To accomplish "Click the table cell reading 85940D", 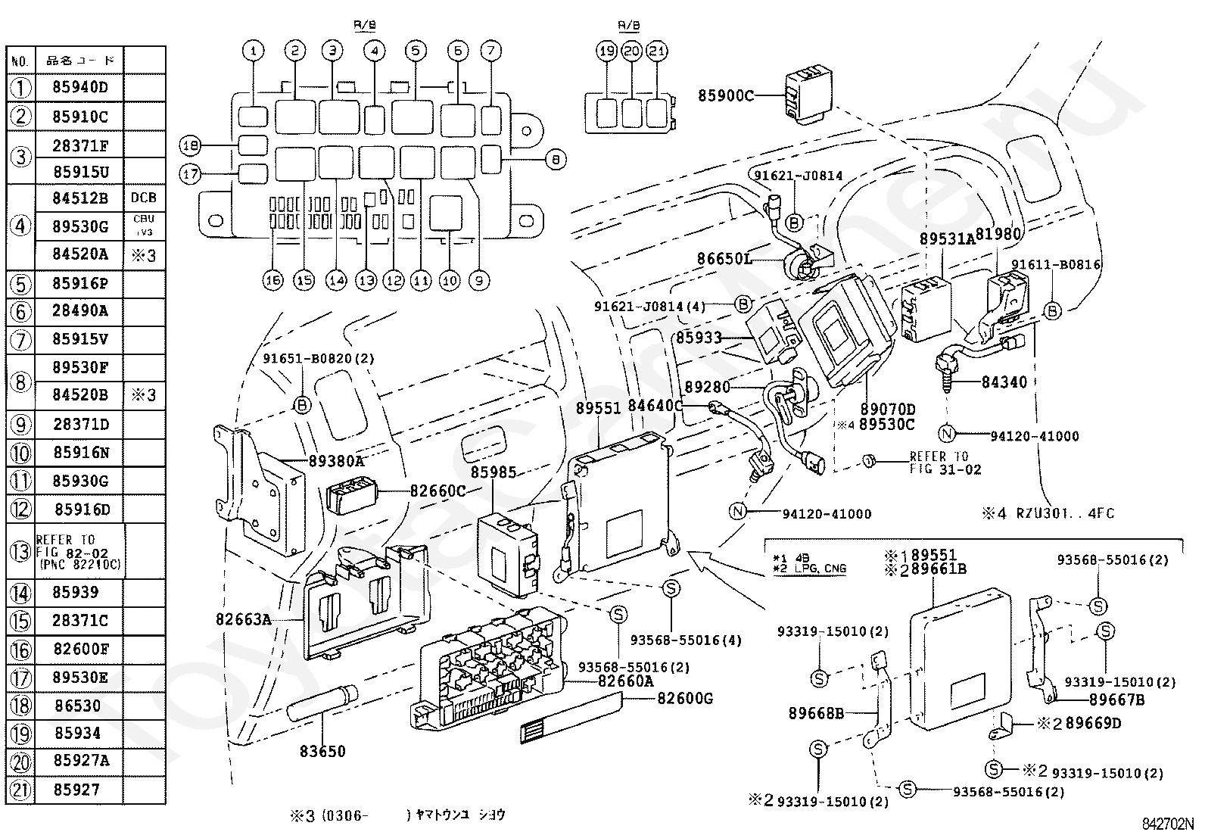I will pyautogui.click(x=80, y=88).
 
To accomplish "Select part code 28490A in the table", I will pyautogui.click(x=80, y=310).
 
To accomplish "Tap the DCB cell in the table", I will pyautogui.click(x=143, y=198).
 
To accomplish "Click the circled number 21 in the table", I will pyautogui.click(x=20, y=790).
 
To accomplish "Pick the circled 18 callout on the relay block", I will pyautogui.click(x=189, y=145).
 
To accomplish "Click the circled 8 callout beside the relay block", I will pyautogui.click(x=555, y=160).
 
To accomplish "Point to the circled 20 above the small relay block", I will pyautogui.click(x=632, y=51).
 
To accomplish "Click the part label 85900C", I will pyautogui.click(x=726, y=96).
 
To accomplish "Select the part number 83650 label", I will pyautogui.click(x=322, y=751).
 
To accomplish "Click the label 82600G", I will pyautogui.click(x=685, y=698).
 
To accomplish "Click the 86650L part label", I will pyautogui.click(x=724, y=259).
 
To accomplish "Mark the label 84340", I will pyautogui.click(x=1004, y=382).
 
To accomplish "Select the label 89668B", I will pyautogui.click(x=815, y=713).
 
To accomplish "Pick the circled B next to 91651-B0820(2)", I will pyautogui.click(x=302, y=406).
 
